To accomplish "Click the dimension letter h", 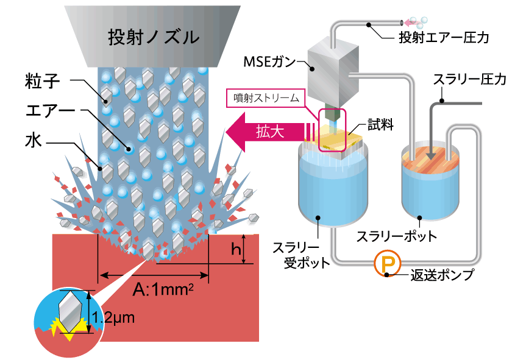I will [233, 249].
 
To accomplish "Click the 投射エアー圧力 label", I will [443, 38].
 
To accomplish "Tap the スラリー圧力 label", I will [469, 79].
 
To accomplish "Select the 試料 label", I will [379, 125].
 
